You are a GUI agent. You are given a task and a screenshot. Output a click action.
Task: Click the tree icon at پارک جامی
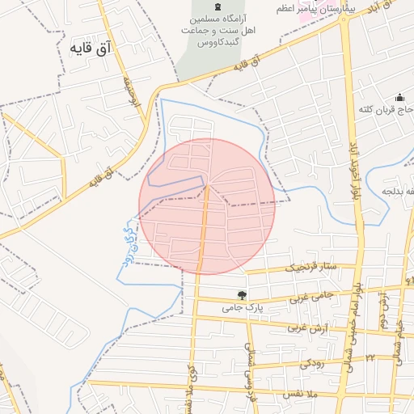pyautogui.click(x=241, y=295)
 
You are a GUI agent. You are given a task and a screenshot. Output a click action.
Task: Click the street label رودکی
pyautogui.click(x=315, y=364)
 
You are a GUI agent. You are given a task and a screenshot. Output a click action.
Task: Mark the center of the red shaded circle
pyautogui.click(x=207, y=206)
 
